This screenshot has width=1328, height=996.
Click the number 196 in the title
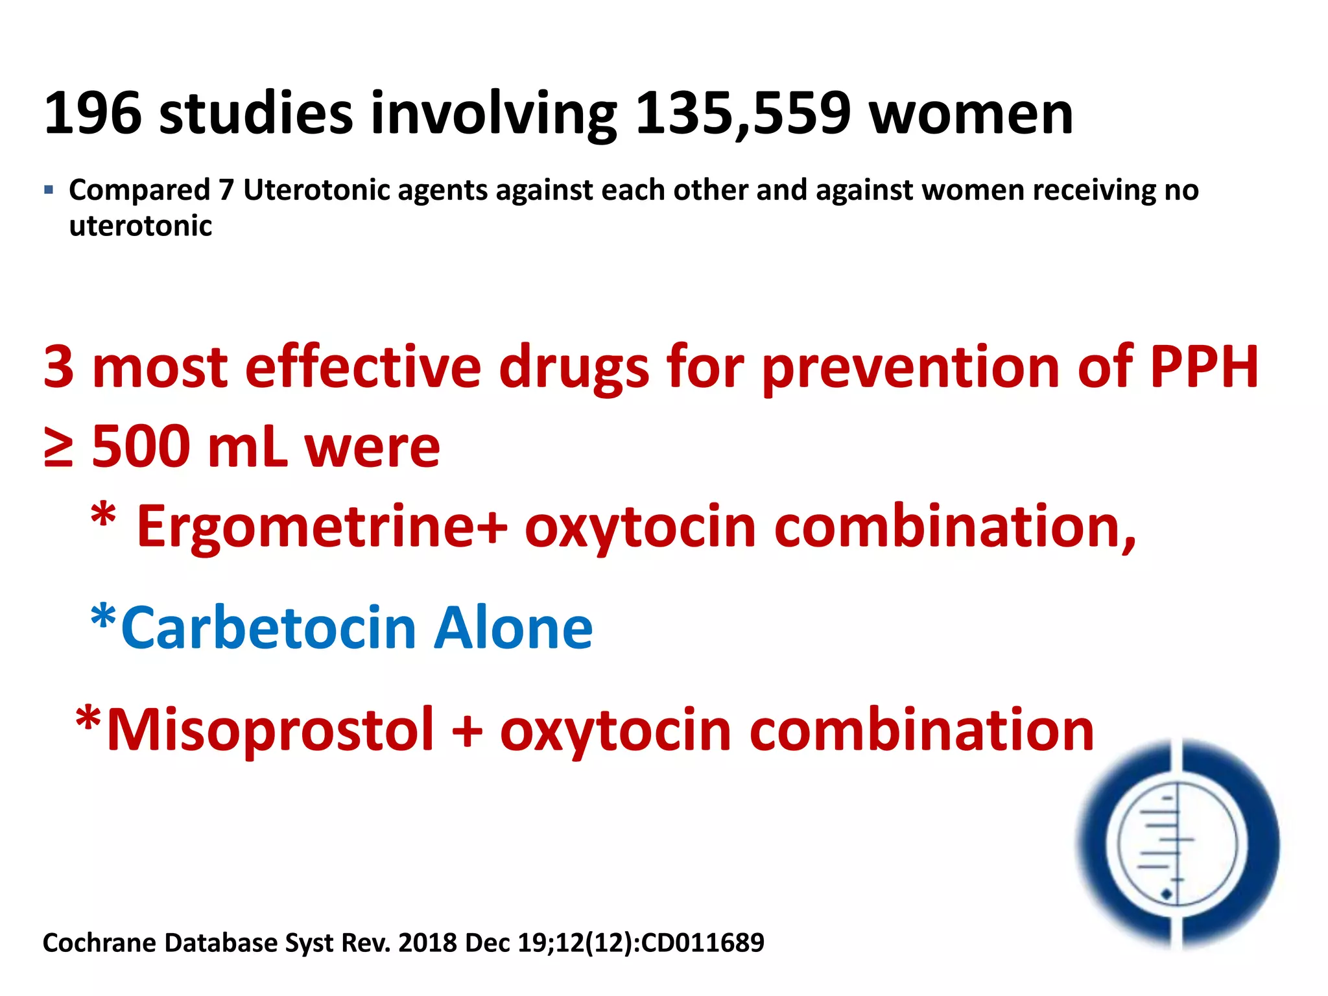click(92, 114)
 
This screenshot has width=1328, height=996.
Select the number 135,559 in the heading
click(742, 114)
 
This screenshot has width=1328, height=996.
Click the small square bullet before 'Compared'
click(49, 191)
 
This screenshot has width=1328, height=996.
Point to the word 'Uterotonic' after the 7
click(316, 190)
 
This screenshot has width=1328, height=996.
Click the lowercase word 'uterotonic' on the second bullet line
click(140, 226)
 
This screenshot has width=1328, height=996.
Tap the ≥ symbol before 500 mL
click(58, 447)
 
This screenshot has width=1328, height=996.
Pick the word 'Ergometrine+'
click(322, 527)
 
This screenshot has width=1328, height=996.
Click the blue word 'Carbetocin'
click(268, 628)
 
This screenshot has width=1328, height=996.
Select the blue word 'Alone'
click(513, 628)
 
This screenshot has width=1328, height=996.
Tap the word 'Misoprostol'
click(270, 730)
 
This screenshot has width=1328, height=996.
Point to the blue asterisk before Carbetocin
click(103, 619)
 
